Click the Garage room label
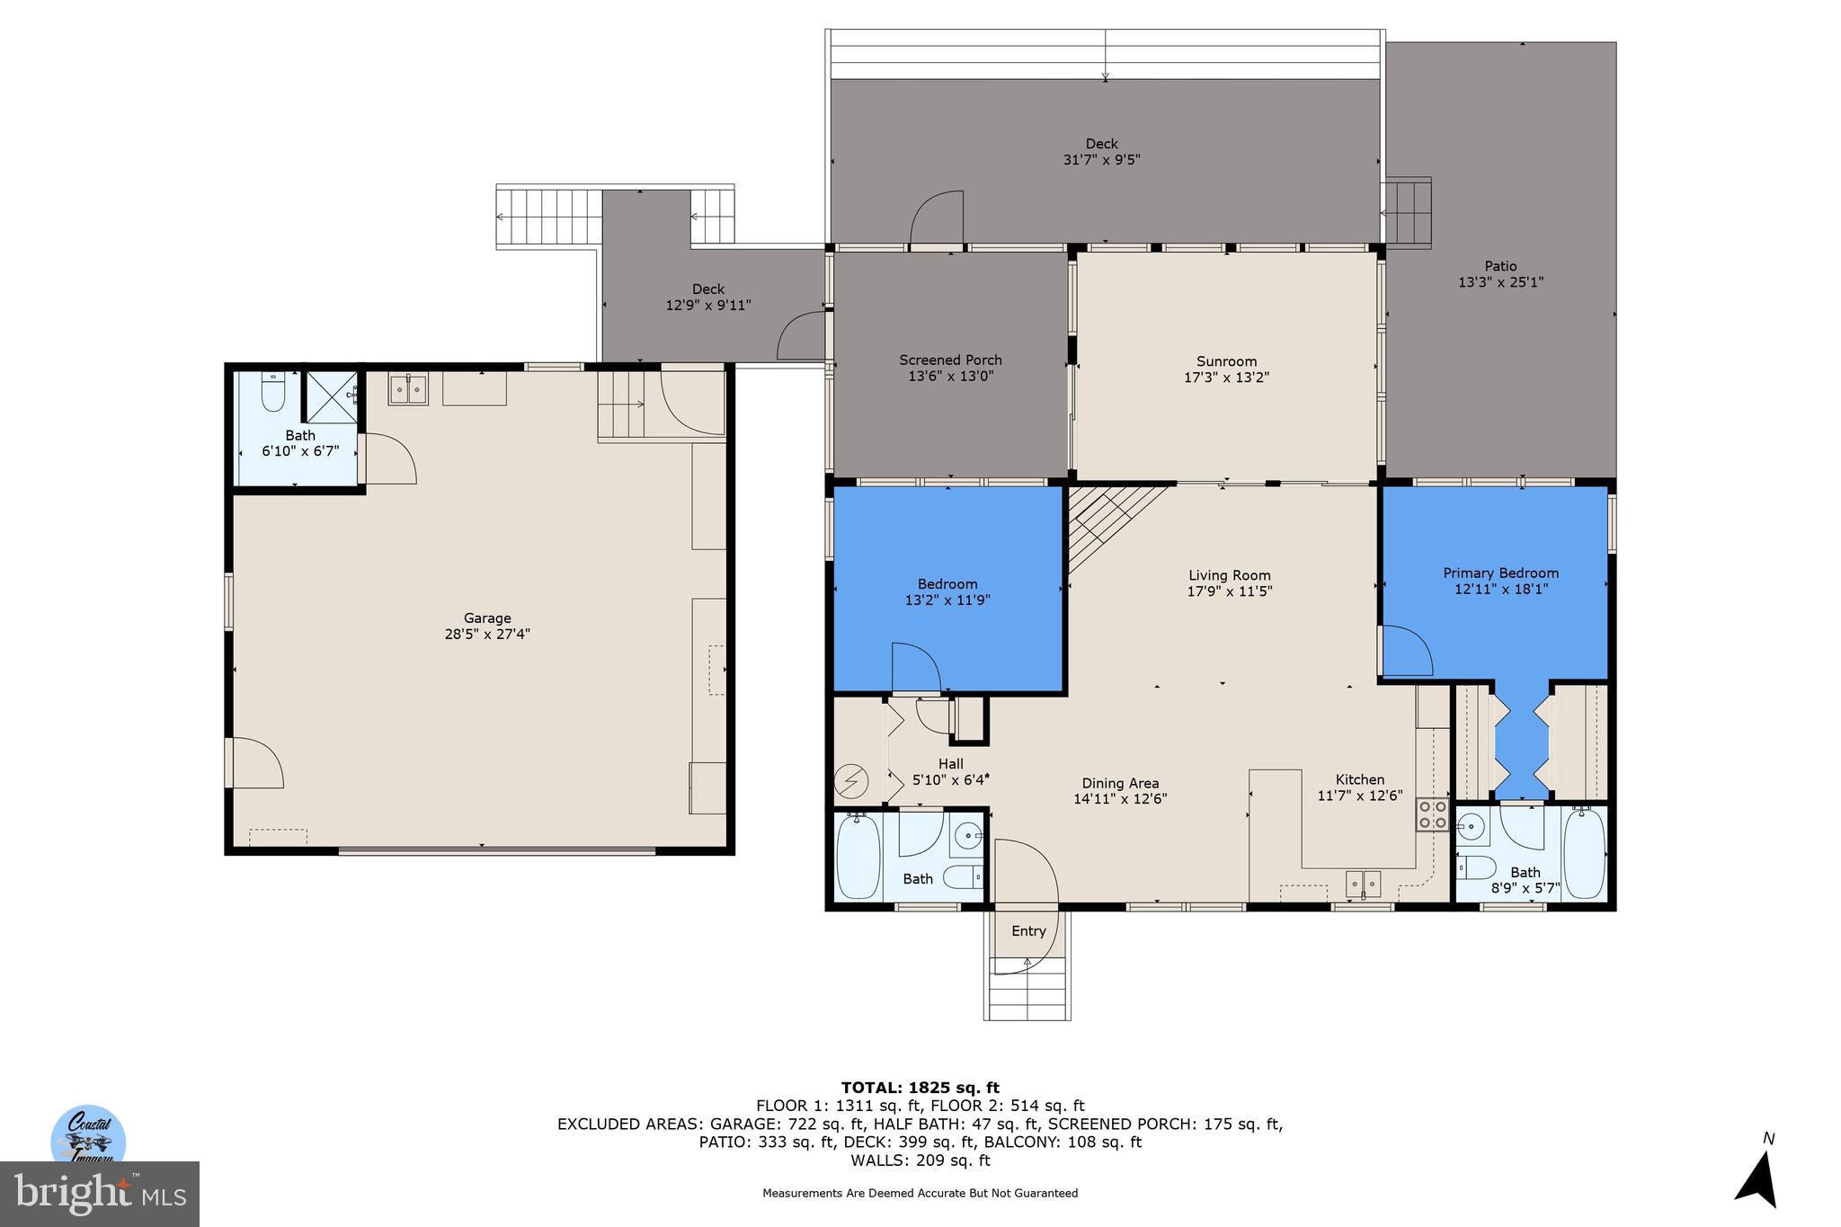click(x=487, y=618)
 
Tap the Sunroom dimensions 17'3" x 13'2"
click(x=1226, y=378)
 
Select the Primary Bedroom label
click(x=1500, y=573)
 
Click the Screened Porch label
click(x=950, y=360)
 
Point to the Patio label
click(x=1500, y=265)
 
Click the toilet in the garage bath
click(x=272, y=392)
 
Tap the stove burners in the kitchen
click(x=1432, y=814)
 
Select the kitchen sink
click(x=1364, y=884)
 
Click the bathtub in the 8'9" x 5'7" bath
click(x=1584, y=852)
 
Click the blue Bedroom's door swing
click(x=915, y=666)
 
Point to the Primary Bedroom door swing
click(x=1406, y=651)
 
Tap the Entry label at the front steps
click(x=1028, y=930)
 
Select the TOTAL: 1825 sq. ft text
click(x=920, y=1088)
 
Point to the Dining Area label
click(x=1120, y=783)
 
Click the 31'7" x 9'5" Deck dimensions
click(x=1101, y=160)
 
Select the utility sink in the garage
click(x=408, y=389)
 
